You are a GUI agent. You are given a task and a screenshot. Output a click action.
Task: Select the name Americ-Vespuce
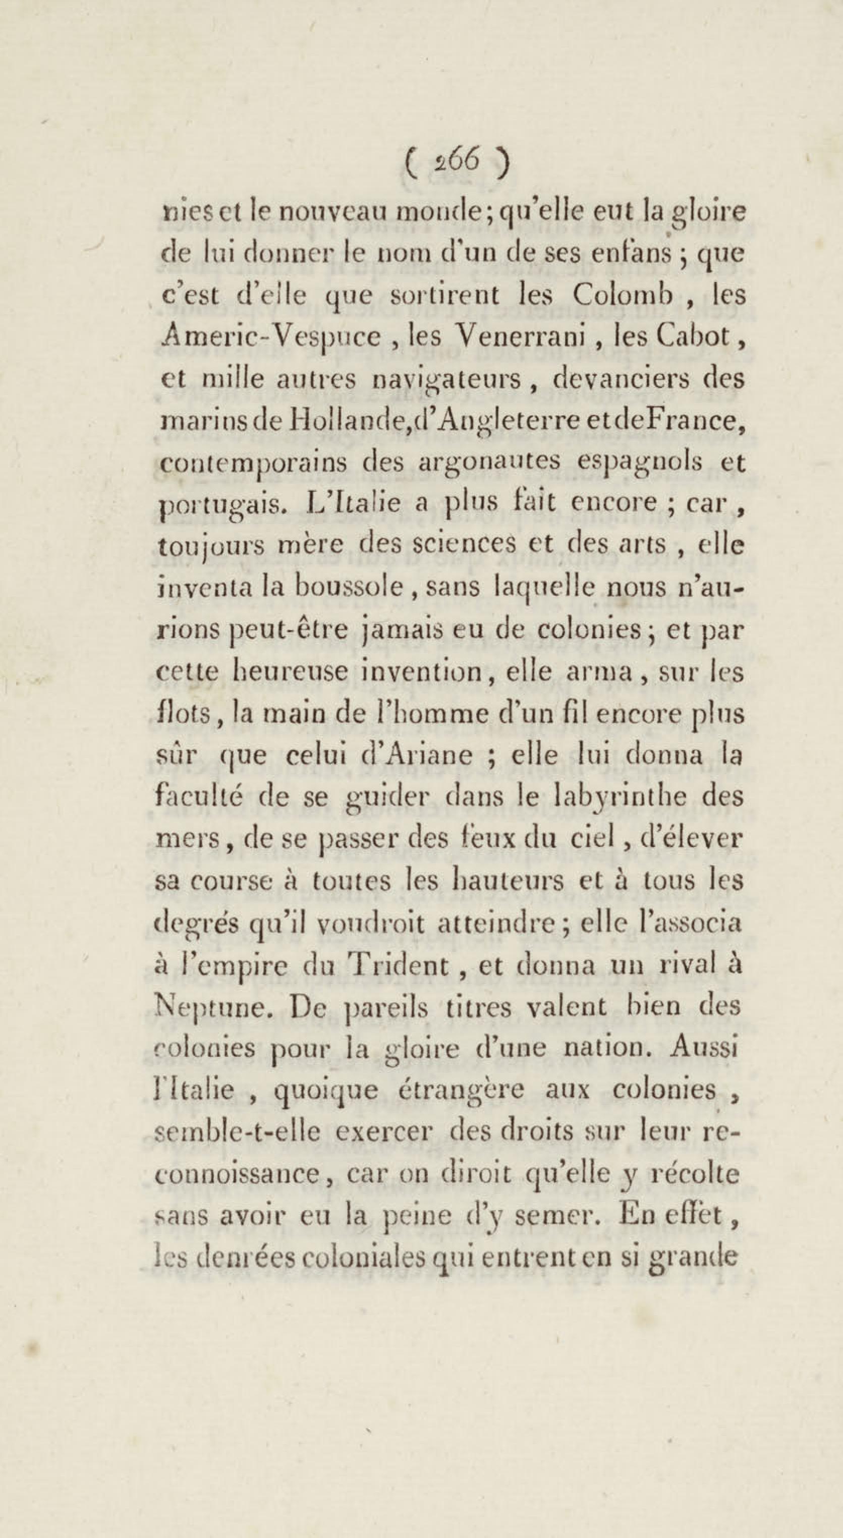(271, 337)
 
